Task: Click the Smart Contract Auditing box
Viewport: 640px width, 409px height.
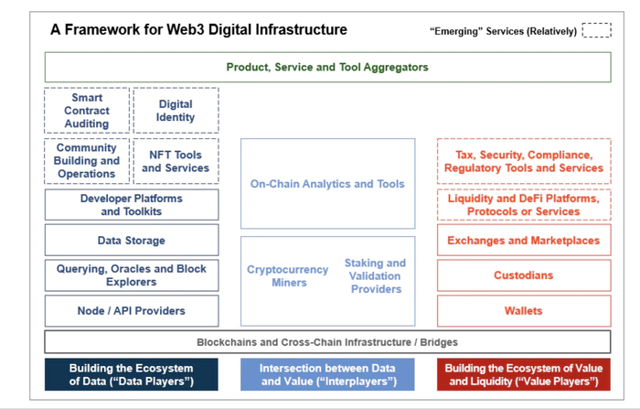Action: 87,111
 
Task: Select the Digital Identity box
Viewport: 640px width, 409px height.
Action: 176,111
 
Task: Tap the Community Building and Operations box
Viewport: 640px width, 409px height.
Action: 87,161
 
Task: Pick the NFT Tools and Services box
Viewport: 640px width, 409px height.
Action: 176,161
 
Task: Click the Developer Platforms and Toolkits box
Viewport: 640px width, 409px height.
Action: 132,205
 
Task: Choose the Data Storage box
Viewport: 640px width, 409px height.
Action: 132,240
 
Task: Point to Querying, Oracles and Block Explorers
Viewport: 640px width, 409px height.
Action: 132,275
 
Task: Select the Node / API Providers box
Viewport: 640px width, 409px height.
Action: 132,311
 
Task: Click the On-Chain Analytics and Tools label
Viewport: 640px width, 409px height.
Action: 327,184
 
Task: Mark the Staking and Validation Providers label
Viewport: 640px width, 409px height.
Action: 375,276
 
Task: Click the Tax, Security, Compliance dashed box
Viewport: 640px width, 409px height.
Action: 524,162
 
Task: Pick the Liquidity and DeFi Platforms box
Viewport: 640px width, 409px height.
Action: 524,205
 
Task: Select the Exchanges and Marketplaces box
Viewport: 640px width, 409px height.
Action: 524,241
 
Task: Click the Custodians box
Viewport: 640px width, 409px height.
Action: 524,275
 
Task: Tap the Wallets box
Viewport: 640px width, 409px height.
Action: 524,311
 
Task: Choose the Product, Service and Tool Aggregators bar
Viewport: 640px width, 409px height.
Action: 327,67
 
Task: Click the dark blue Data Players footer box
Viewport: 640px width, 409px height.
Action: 132,374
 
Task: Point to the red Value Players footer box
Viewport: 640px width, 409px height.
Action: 524,374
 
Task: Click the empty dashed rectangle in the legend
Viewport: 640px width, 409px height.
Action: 596,31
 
